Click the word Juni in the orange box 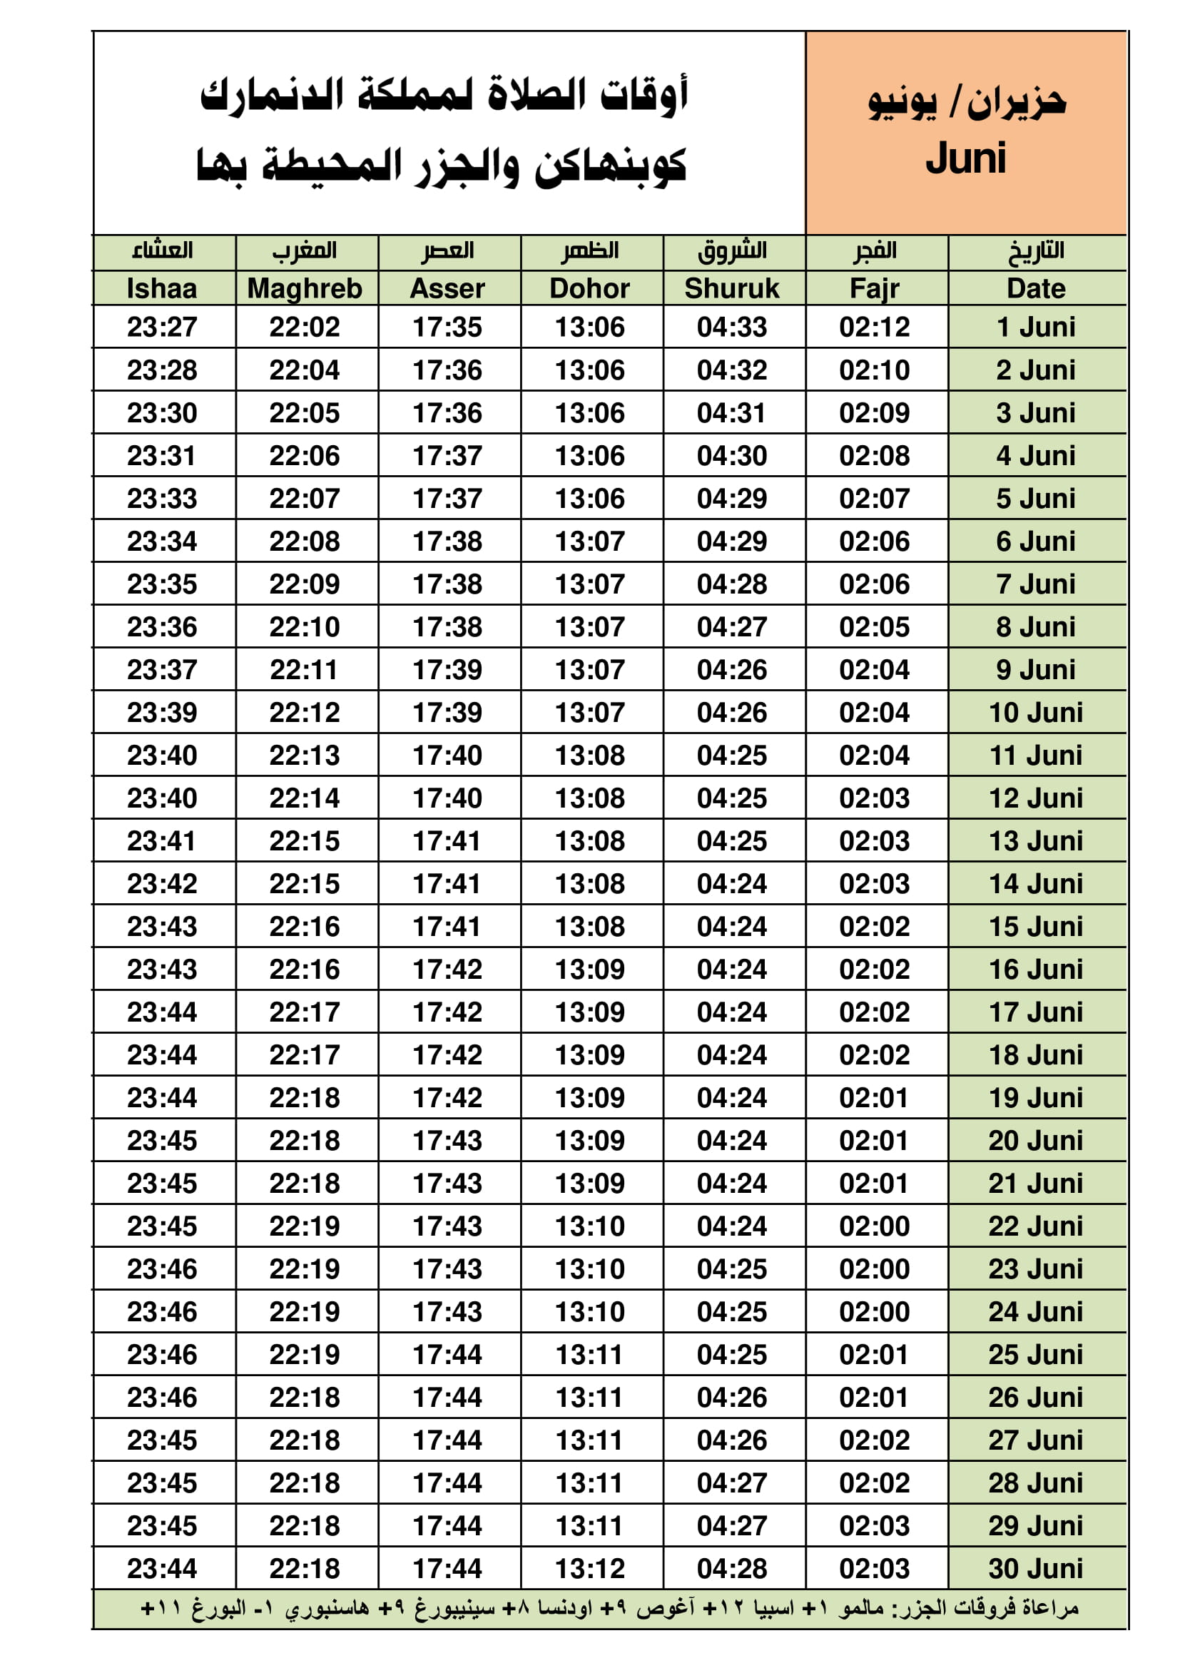966,159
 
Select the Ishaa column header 162,288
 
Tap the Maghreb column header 305,288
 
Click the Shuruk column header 732,288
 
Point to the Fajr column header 874,288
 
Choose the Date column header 1035,288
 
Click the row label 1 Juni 1035,327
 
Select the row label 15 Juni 1035,926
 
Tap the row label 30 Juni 1035,1568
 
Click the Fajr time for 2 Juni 874,370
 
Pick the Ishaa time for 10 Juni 162,713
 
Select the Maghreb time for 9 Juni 305,670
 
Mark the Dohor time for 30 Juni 590,1568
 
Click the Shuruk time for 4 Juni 732,455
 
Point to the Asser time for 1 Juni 447,327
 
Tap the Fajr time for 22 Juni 874,1226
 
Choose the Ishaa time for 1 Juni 162,327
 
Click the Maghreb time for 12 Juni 305,798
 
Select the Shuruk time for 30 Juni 732,1568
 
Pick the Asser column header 447,288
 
